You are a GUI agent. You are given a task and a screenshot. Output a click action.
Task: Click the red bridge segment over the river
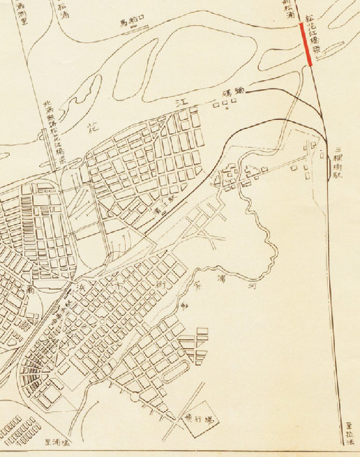(306, 44)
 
